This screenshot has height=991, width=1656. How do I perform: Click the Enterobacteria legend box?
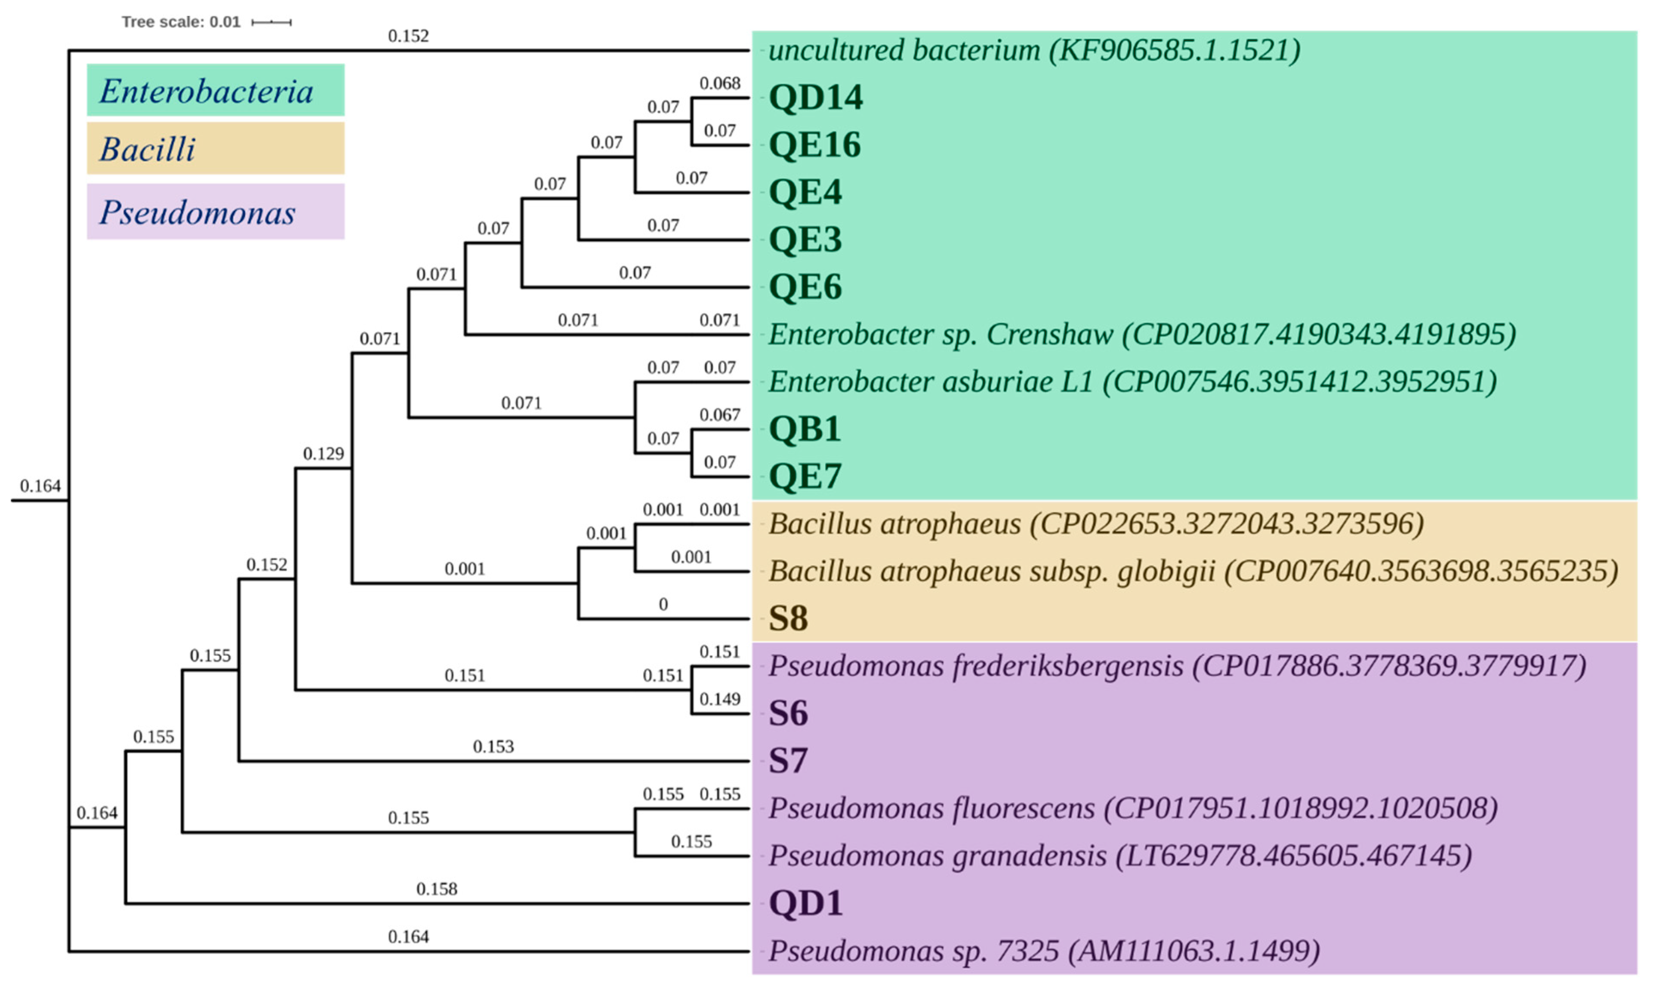pyautogui.click(x=215, y=90)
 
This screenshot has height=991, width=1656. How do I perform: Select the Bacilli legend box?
pyautogui.click(x=215, y=148)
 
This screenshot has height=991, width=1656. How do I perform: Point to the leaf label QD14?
pyautogui.click(x=816, y=98)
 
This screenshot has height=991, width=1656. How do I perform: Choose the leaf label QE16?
pyautogui.click(x=815, y=145)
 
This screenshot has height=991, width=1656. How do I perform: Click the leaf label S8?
pyautogui.click(x=788, y=619)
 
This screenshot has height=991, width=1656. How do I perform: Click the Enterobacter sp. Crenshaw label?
pyautogui.click(x=1141, y=334)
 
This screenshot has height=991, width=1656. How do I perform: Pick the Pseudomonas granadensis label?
pyautogui.click(x=1119, y=856)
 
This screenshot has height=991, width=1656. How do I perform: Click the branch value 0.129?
pyautogui.click(x=323, y=454)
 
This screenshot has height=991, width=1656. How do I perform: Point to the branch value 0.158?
pyautogui.click(x=437, y=889)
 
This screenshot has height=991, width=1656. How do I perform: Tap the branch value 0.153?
pyautogui.click(x=493, y=747)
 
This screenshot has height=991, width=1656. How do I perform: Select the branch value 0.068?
pyautogui.click(x=719, y=83)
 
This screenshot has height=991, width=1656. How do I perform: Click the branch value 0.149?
pyautogui.click(x=719, y=699)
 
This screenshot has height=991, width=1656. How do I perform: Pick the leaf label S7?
pyautogui.click(x=788, y=760)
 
